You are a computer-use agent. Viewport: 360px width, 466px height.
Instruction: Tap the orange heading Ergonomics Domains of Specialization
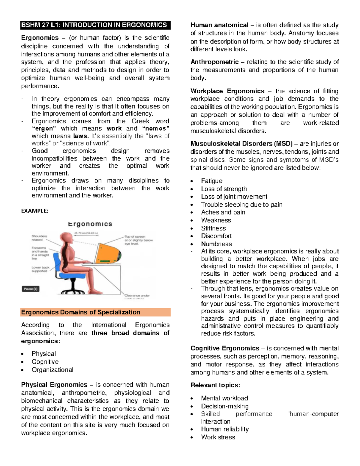point(80,312)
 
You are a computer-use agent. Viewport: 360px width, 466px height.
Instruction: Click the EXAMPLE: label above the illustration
point(34,211)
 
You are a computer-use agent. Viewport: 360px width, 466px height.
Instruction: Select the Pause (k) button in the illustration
point(31,289)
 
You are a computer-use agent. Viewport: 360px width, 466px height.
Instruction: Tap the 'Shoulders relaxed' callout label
point(40,238)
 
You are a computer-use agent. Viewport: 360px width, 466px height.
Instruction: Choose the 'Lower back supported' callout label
point(40,269)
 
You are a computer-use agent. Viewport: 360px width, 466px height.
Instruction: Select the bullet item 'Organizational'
point(52,370)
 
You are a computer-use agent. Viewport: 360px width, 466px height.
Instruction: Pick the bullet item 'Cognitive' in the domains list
point(45,362)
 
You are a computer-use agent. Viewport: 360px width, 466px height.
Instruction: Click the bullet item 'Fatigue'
point(211,181)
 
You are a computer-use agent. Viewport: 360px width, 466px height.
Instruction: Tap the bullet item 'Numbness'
point(216,244)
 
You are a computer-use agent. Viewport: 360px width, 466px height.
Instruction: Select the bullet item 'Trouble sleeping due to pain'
point(241,205)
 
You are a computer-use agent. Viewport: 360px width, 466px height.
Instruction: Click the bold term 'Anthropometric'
point(214,62)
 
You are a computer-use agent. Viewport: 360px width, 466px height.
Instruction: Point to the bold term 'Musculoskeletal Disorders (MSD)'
point(236,144)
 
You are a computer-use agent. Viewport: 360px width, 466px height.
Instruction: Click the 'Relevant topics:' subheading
point(215,385)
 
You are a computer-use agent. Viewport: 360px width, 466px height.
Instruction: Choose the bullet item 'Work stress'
point(218,437)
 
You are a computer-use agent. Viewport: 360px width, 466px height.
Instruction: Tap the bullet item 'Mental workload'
point(224,398)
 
